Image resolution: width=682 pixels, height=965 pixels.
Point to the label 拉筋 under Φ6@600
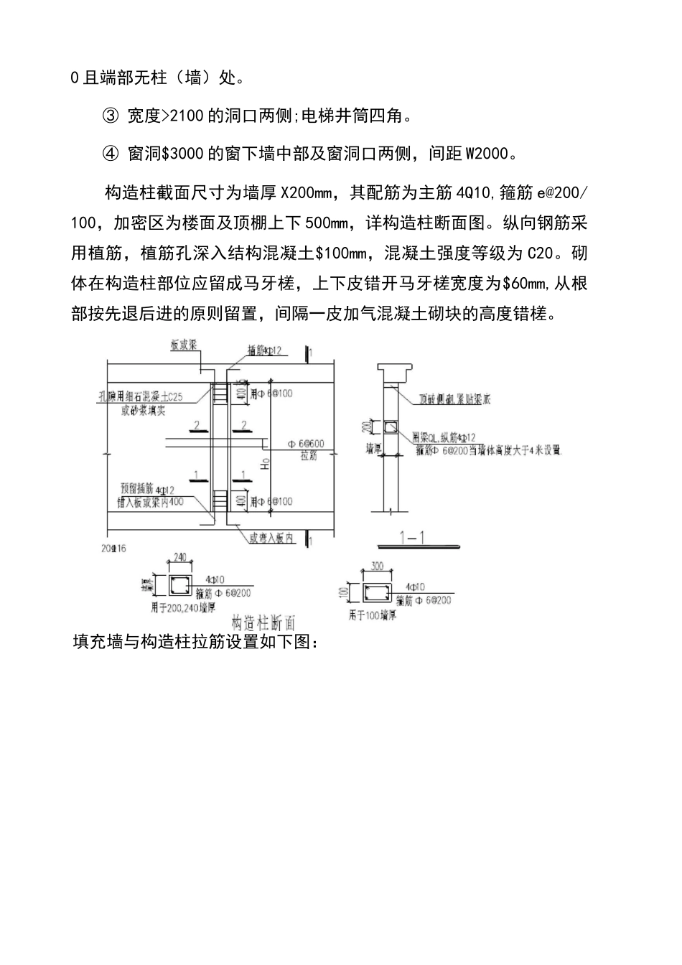pyautogui.click(x=309, y=456)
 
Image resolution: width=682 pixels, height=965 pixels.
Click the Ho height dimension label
pyautogui.click(x=264, y=463)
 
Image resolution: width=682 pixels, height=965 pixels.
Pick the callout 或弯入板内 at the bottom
pyautogui.click(x=271, y=538)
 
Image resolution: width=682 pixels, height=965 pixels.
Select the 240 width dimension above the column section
pyautogui.click(x=179, y=557)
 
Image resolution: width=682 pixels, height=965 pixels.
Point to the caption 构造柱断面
pyautogui.click(x=264, y=622)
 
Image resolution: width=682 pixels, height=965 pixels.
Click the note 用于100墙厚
pyautogui.click(x=373, y=616)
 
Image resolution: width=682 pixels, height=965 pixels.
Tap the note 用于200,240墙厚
pyautogui.click(x=182, y=607)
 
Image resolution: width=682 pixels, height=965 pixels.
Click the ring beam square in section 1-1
pyautogui.click(x=390, y=429)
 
